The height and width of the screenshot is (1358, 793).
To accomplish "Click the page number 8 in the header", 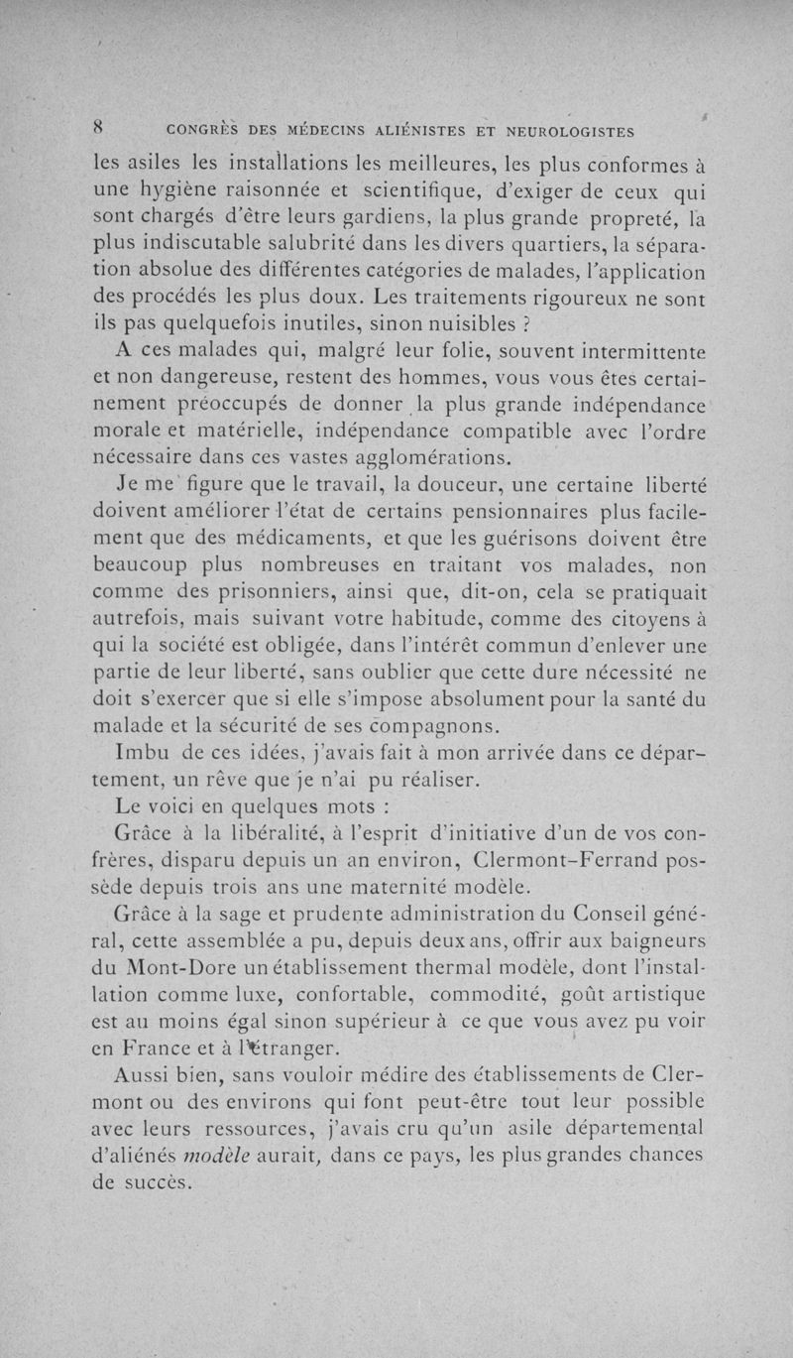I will tap(99, 126).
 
